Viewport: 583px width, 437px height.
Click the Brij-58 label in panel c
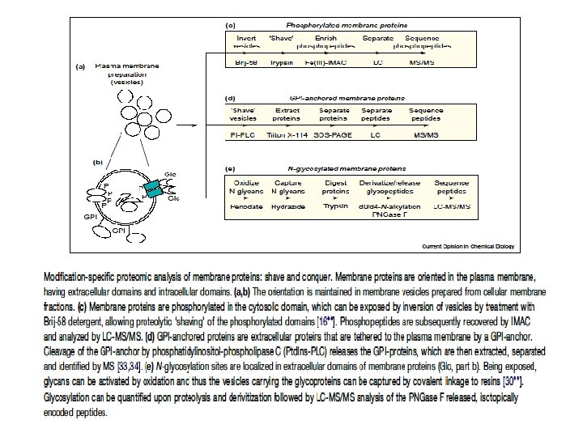[246, 62]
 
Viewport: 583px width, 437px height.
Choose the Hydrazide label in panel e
[287, 206]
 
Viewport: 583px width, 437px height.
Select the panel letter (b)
[98, 162]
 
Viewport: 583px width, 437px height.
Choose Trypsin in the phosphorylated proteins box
[282, 62]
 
